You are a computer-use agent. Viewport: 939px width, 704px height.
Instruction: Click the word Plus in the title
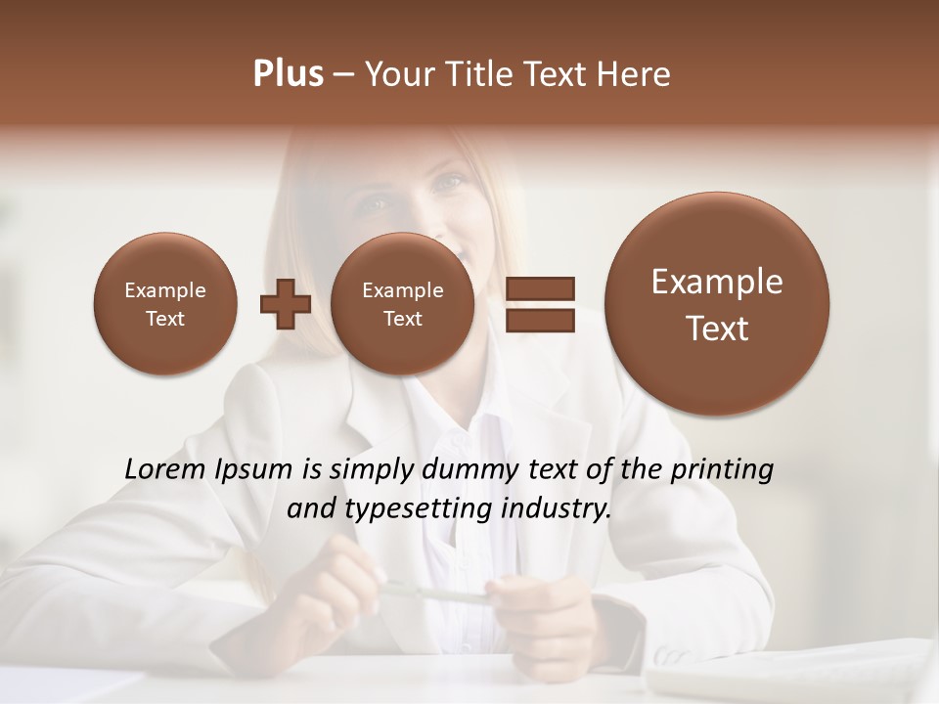pos(288,74)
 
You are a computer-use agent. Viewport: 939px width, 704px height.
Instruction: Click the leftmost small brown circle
pos(164,303)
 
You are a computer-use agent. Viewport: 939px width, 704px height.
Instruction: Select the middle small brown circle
pos(402,303)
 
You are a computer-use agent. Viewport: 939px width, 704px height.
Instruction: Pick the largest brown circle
pos(717,303)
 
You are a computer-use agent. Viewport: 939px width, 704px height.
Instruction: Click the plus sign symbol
pos(285,303)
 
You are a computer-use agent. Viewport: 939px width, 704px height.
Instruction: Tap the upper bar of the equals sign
pos(539,288)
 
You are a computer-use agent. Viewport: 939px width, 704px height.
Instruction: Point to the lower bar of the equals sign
pos(539,320)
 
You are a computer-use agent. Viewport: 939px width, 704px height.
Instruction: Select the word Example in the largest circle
pos(717,282)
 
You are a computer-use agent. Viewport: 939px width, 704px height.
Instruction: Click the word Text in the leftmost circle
pos(164,319)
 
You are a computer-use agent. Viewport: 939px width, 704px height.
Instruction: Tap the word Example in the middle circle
pos(402,290)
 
